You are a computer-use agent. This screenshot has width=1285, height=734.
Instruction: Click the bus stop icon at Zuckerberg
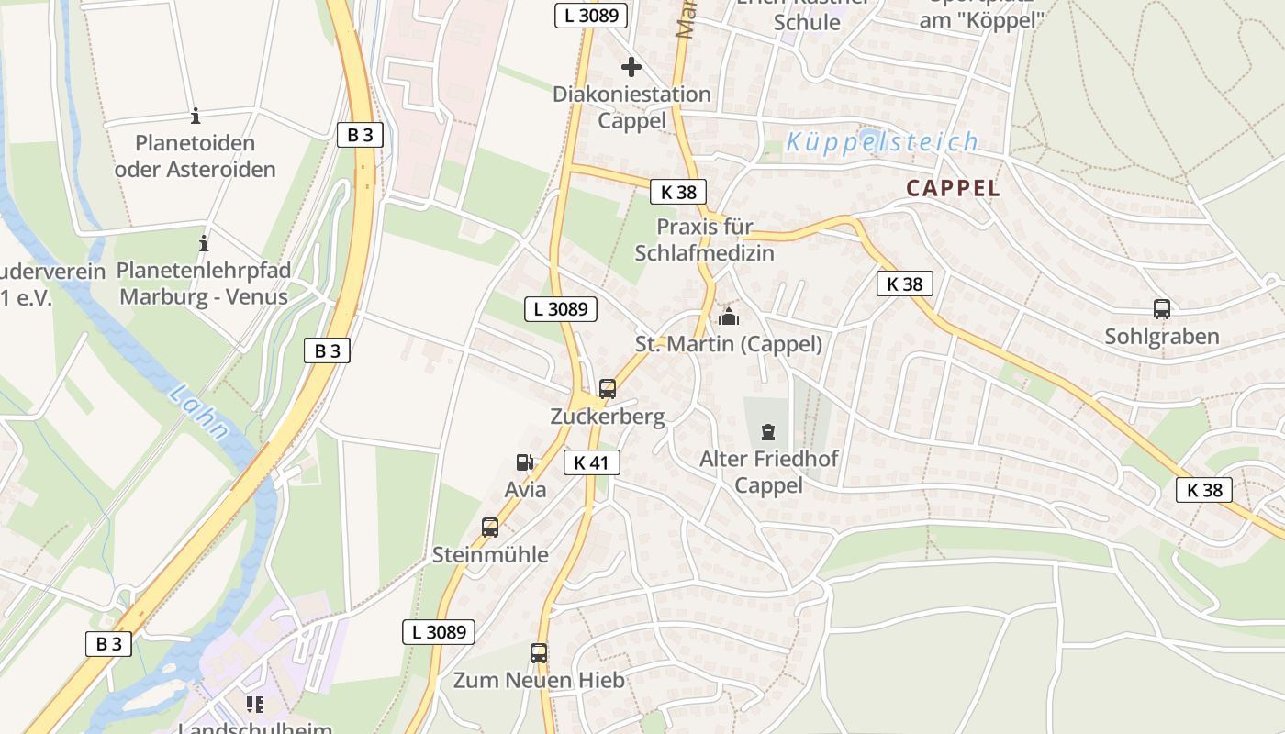coord(607,388)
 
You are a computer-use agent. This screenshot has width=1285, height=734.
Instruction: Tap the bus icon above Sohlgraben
coord(1161,309)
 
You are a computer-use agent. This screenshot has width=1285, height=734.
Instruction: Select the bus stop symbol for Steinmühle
coord(490,528)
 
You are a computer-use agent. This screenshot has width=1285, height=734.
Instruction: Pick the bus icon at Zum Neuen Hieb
coord(539,653)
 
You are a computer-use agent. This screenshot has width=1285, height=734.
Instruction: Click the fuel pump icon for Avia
coord(524,463)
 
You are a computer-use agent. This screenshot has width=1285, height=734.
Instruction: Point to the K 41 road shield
coord(591,462)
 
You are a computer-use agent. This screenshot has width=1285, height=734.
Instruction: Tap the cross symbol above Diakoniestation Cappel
coord(631,67)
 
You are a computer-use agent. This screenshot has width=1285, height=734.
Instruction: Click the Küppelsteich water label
coord(882,142)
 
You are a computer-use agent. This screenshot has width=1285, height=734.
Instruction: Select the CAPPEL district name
coord(953,188)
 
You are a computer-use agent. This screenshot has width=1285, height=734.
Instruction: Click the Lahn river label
coord(199,414)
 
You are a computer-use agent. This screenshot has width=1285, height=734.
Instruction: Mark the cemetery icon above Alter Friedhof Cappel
coord(768,431)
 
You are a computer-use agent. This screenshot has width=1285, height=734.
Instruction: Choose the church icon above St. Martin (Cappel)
coord(729,317)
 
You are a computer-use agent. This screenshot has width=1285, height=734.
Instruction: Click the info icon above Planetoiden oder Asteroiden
coord(195,117)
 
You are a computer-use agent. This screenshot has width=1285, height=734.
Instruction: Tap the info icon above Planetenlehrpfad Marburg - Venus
coord(203,244)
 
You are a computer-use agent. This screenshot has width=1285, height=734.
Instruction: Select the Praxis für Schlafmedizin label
coord(705,239)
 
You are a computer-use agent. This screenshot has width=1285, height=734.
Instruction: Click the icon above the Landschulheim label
coord(254,705)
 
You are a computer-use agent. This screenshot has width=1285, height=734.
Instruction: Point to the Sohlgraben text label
coord(1162,337)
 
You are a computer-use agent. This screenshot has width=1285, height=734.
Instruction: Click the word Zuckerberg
coord(608,416)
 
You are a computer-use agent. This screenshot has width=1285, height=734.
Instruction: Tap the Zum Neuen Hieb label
coord(539,681)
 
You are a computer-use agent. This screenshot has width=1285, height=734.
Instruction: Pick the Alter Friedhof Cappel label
coord(769,472)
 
